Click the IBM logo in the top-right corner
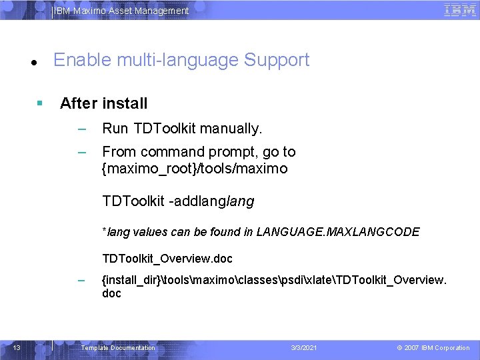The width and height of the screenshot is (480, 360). pos(459,10)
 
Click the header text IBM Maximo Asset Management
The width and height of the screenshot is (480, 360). pos(121,11)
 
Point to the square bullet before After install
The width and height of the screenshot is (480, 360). pos(40,103)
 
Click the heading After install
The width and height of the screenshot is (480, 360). pos(103,103)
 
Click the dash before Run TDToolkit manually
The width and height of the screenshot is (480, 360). pos(81,128)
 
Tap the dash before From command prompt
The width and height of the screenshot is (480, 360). pos(81,152)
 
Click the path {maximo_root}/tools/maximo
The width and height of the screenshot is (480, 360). pos(195,169)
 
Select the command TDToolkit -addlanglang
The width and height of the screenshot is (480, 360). pos(178,201)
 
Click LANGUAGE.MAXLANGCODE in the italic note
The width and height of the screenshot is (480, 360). pos(338,232)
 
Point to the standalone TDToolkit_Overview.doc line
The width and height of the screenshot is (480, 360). pos(167,258)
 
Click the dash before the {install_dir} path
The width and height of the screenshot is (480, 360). pos(81,280)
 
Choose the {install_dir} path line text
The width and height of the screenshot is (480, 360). pos(273,280)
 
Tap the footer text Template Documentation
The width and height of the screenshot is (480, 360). pos(117,348)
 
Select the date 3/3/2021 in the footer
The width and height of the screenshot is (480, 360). pos(305,348)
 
